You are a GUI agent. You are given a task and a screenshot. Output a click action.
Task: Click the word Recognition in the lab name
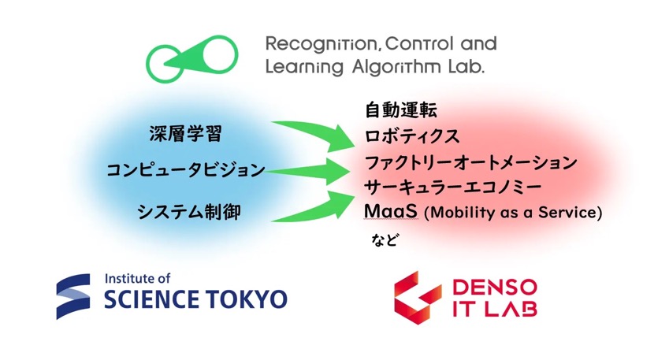point(321,44)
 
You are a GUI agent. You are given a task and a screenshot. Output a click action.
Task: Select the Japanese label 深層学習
point(186,133)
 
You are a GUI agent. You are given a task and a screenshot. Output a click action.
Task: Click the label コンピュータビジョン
point(186,170)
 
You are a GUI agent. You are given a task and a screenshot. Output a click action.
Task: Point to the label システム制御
point(189,212)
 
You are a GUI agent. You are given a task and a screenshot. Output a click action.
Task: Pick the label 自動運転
point(401,110)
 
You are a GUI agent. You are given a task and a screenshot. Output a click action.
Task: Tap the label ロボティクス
point(412,136)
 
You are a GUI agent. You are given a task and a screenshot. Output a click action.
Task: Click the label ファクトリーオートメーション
point(471,162)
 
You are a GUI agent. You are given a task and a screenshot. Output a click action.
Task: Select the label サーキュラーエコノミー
point(453,187)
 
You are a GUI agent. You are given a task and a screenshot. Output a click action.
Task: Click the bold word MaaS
point(391,211)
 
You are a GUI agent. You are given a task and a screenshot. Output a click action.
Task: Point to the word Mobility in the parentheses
point(463,212)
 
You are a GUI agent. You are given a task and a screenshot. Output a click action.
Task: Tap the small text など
point(385,240)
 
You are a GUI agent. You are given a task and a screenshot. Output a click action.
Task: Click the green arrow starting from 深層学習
point(315,135)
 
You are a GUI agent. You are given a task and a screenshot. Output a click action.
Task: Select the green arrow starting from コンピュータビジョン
point(307,171)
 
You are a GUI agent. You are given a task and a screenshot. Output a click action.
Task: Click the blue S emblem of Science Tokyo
point(73,296)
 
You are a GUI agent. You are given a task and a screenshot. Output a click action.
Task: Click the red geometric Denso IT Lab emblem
point(417,297)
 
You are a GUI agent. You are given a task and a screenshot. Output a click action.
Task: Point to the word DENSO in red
point(495,288)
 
